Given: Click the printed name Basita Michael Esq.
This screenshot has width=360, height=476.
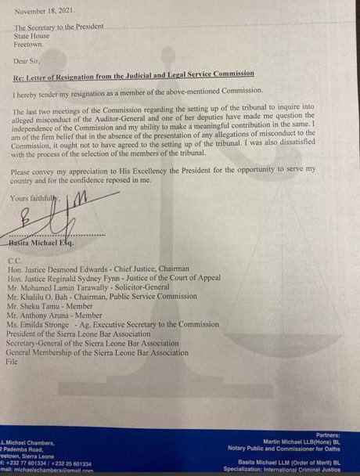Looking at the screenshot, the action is coord(45,243).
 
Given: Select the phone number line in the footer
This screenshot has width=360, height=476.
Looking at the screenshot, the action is coord(47,462).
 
